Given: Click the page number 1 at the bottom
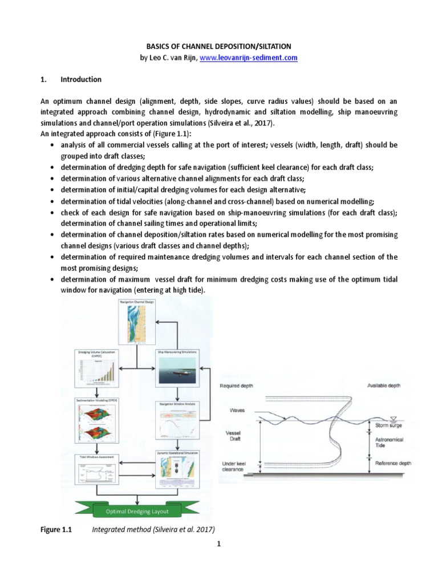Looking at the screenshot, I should tap(219, 544).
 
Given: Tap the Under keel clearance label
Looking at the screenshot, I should tap(236, 466).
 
